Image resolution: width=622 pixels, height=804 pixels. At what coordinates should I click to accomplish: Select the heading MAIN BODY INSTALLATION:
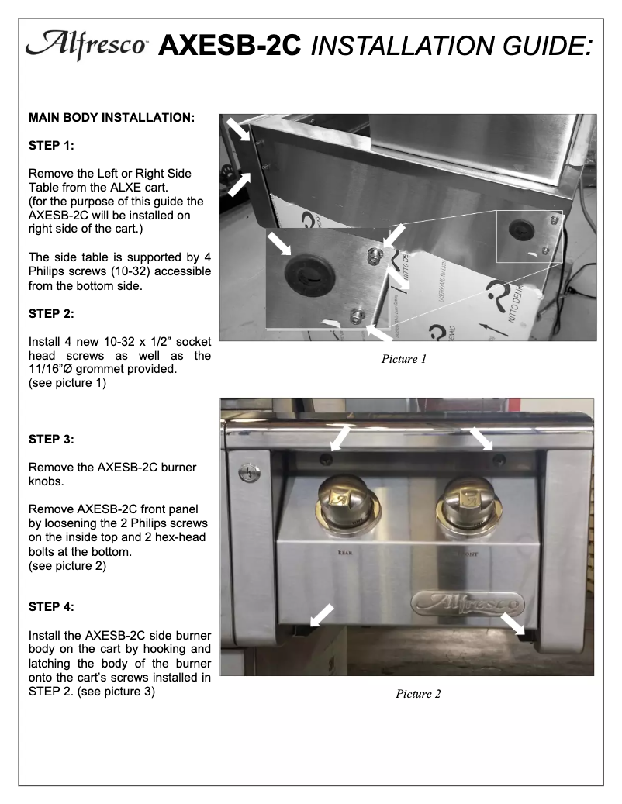111,119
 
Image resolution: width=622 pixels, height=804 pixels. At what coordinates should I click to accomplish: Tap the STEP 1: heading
53,144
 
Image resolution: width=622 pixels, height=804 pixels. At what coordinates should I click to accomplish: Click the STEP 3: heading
53,440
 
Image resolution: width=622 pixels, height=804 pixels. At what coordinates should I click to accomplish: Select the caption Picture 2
417,694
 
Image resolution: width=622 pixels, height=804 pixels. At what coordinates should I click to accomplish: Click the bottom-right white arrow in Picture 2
513,623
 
